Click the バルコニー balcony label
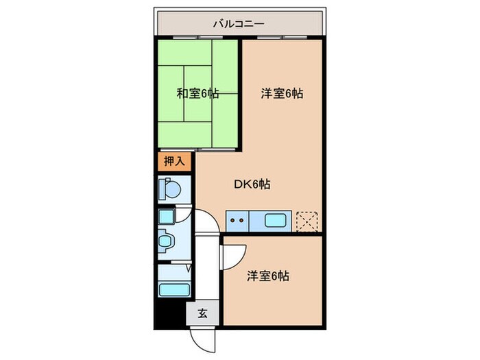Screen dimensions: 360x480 (238, 23)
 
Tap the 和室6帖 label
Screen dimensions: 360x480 (197, 93)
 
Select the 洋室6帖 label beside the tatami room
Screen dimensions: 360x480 (281, 93)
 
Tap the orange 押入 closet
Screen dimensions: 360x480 (173, 162)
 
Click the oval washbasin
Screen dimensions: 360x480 (165, 241)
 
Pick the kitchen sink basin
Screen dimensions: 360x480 (273, 221)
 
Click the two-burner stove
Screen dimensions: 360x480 (237, 221)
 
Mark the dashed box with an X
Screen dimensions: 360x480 (307, 221)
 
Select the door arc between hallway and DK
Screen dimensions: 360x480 (206, 224)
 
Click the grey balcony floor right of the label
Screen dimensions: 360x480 (295, 23)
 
